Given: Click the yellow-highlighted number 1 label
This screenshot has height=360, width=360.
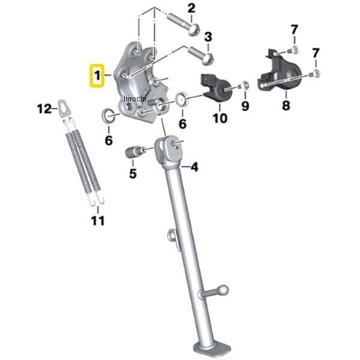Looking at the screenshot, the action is tap(97, 76).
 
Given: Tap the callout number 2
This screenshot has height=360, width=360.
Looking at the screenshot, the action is tap(191, 8).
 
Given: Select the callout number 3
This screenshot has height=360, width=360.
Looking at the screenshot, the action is tap(208, 37).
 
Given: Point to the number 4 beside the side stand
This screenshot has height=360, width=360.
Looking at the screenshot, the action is tap(194, 167).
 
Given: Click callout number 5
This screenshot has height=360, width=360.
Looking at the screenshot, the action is tap(133, 173).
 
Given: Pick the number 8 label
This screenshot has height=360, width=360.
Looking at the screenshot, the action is tap(286, 106).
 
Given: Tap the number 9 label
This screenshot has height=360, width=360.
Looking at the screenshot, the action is tap(245, 106).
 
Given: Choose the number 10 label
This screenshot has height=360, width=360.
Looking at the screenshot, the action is tap(220, 118).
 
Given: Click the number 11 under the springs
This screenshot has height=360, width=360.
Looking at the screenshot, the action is tap(98, 221).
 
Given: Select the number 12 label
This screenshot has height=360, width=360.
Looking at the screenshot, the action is tap(44, 109).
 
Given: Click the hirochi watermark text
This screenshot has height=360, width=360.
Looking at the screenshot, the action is tap(135, 99).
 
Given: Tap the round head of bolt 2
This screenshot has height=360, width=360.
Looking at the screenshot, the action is tap(194, 30).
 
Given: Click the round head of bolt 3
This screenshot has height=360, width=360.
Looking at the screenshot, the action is tap(208, 58).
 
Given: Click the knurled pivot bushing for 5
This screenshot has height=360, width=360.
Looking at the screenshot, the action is tap(132, 152).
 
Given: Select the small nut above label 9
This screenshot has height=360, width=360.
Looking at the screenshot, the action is tap(244, 85).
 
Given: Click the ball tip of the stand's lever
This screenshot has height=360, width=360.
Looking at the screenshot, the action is tap(223, 290).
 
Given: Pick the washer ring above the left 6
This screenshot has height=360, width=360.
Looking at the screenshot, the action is tap(107, 116).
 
